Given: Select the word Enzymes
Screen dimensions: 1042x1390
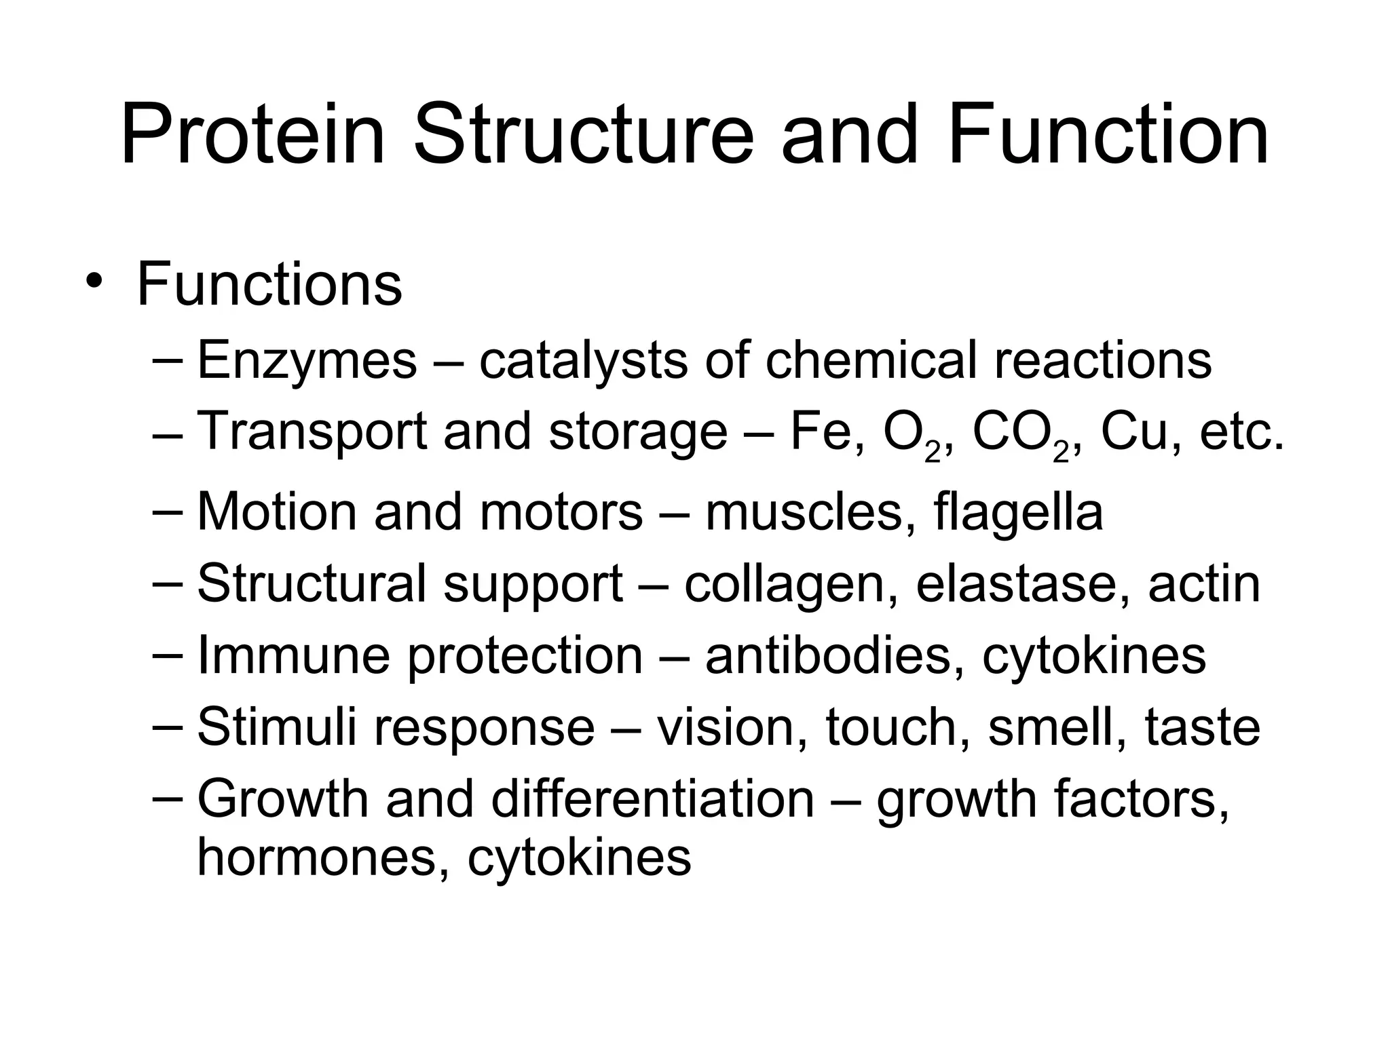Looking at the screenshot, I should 307,361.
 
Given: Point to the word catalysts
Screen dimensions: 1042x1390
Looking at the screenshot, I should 583,361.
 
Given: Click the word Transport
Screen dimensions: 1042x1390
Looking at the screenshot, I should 312,433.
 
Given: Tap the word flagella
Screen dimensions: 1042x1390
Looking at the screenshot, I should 1018,513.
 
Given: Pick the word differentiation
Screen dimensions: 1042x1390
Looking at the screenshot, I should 652,799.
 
